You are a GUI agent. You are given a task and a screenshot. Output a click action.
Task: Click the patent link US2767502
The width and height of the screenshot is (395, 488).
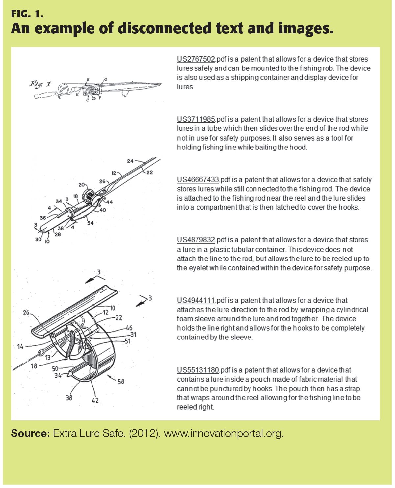pos(196,59)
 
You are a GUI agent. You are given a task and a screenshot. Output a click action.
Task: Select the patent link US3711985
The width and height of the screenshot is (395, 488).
pos(196,119)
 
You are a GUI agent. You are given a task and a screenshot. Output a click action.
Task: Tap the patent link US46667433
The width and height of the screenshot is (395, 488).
pos(198,180)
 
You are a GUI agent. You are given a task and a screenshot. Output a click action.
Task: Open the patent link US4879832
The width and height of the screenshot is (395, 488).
pos(196,240)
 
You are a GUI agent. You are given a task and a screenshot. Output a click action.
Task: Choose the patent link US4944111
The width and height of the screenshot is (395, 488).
pos(196,300)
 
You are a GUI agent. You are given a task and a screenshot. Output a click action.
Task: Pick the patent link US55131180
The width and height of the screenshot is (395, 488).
pos(198,370)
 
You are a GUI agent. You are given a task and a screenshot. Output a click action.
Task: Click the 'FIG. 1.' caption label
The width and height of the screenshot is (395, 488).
pos(27,14)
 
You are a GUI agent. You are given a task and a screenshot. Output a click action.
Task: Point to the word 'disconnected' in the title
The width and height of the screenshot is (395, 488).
pos(165,29)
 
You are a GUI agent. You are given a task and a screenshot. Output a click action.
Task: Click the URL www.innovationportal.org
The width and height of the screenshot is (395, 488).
pos(224,433)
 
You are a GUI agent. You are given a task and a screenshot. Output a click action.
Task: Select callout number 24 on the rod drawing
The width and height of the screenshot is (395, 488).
pos(130,161)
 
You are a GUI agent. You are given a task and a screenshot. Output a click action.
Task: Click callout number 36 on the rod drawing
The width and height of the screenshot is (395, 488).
pos(43,218)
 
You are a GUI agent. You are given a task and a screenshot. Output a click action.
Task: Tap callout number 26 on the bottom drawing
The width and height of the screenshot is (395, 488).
pos(26,313)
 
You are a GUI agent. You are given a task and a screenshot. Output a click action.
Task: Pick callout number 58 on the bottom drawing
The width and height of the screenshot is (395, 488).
pos(121,381)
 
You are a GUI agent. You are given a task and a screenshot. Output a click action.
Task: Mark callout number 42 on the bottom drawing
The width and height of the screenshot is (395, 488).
pos(95,400)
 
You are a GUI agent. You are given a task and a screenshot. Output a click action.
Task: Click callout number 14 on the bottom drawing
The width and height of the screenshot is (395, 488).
pos(20,346)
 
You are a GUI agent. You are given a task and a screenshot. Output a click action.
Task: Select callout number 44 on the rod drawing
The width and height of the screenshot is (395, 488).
pos(109,202)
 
